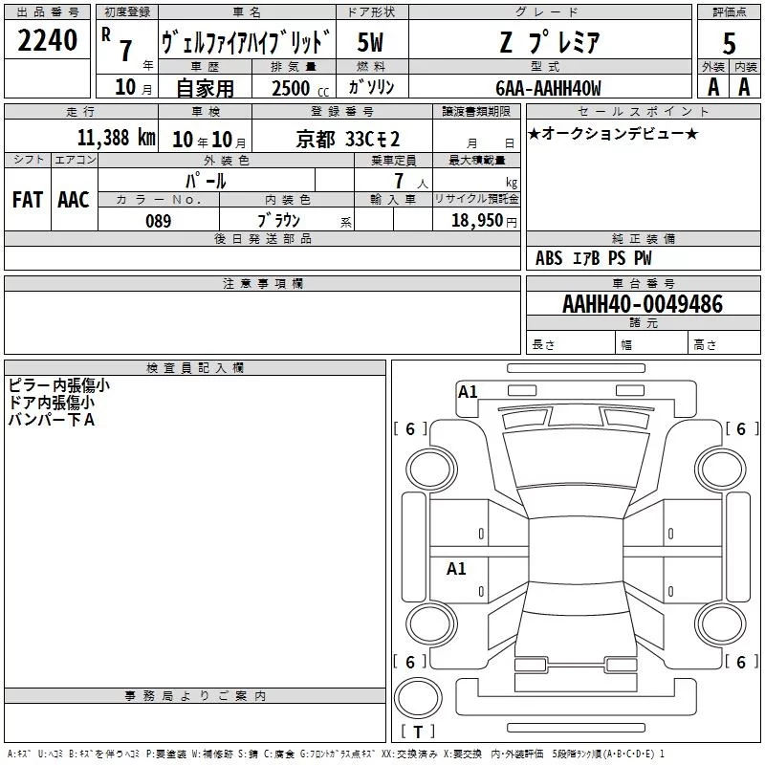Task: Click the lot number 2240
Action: pos(47,40)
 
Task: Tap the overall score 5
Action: pos(729,44)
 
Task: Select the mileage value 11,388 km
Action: pos(116,138)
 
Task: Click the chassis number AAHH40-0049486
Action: pos(643,304)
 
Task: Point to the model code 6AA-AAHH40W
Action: pos(548,88)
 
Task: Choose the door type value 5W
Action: pos(370,42)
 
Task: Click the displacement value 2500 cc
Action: pos(300,88)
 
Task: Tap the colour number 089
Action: pos(159,221)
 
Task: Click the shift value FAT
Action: pos(28,200)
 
